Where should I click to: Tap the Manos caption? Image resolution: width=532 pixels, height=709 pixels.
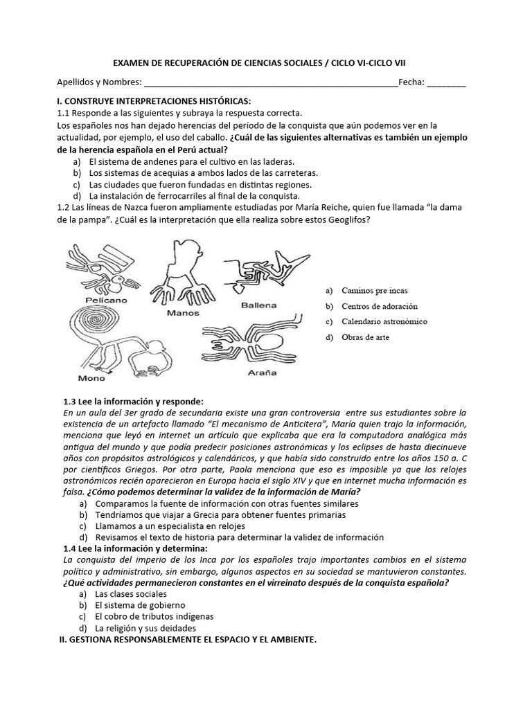[184, 312]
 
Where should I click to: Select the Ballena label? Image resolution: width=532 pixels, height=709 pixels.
[259, 305]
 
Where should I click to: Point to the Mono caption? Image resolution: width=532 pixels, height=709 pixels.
[91, 378]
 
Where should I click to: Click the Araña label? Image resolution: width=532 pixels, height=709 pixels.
[262, 373]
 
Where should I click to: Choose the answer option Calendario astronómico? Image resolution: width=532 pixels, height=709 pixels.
[384, 321]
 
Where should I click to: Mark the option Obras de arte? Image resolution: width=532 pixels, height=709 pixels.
[365, 337]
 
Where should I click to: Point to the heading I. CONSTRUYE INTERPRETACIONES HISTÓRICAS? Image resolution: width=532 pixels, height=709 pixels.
[149, 102]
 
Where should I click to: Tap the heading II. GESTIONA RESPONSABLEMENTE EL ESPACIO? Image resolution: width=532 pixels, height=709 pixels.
[187, 640]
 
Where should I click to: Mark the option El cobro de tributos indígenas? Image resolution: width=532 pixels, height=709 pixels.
[154, 616]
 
